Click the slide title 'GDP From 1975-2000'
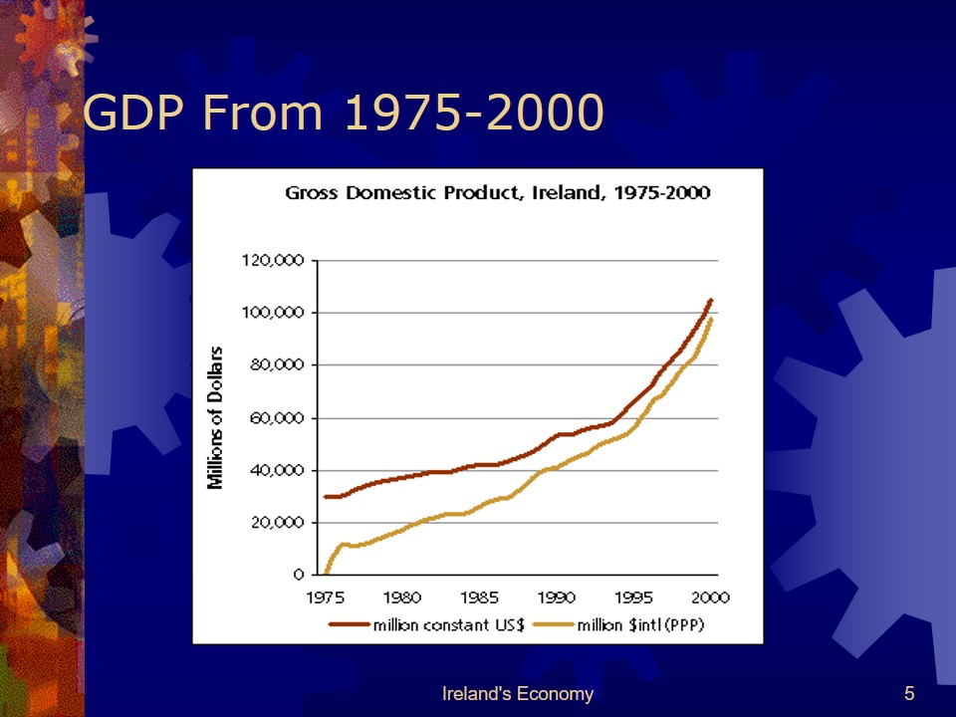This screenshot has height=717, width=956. coord(344,113)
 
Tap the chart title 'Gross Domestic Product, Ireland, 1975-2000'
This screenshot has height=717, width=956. coord(497,192)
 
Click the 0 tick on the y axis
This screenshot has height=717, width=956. coord(298,576)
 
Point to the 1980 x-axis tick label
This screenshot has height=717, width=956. coord(401,597)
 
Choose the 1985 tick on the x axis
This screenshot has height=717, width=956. coord(479,597)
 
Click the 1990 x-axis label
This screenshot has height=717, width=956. coord(557,597)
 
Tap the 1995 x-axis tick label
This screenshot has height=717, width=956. coord(634,597)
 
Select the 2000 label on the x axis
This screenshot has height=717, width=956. coord(710,597)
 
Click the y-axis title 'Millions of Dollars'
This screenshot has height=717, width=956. coord(214,418)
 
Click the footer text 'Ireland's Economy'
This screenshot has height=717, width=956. coord(517,694)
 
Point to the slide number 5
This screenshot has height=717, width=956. coord(909,694)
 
